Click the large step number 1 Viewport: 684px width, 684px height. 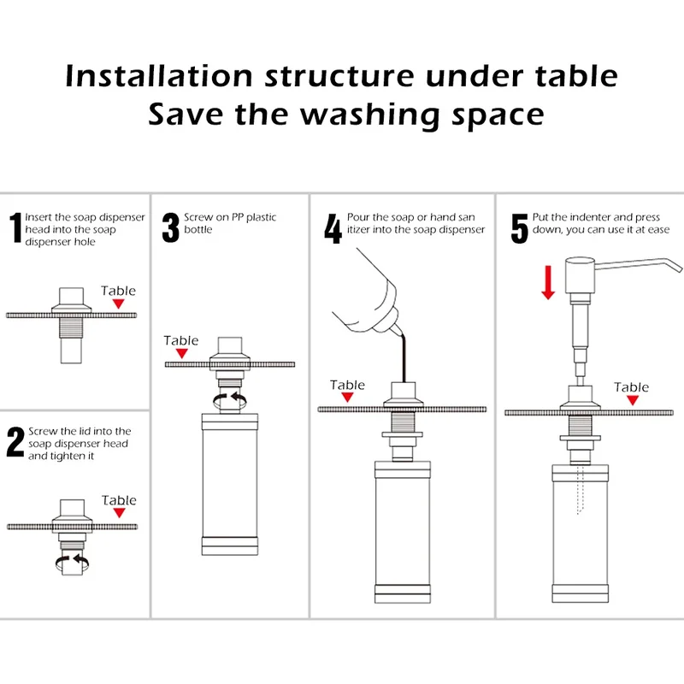coord(16,227)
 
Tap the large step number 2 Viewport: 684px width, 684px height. coord(15,442)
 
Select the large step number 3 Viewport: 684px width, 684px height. coord(170,227)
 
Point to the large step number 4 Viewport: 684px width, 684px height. coord(333,228)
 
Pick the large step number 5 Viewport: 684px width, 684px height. coord(520,228)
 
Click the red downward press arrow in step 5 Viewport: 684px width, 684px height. coord(548,282)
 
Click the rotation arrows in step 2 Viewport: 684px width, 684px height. coord(72,562)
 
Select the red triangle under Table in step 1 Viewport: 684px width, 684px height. coord(118,304)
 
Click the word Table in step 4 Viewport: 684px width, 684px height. coord(347,385)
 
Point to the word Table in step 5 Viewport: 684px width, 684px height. coord(631,387)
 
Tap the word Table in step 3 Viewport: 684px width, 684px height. coord(181,340)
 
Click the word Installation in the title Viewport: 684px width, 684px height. coord(159,76)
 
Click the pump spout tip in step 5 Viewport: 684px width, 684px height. coord(679,268)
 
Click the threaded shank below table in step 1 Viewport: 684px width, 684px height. coord(71,327)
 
